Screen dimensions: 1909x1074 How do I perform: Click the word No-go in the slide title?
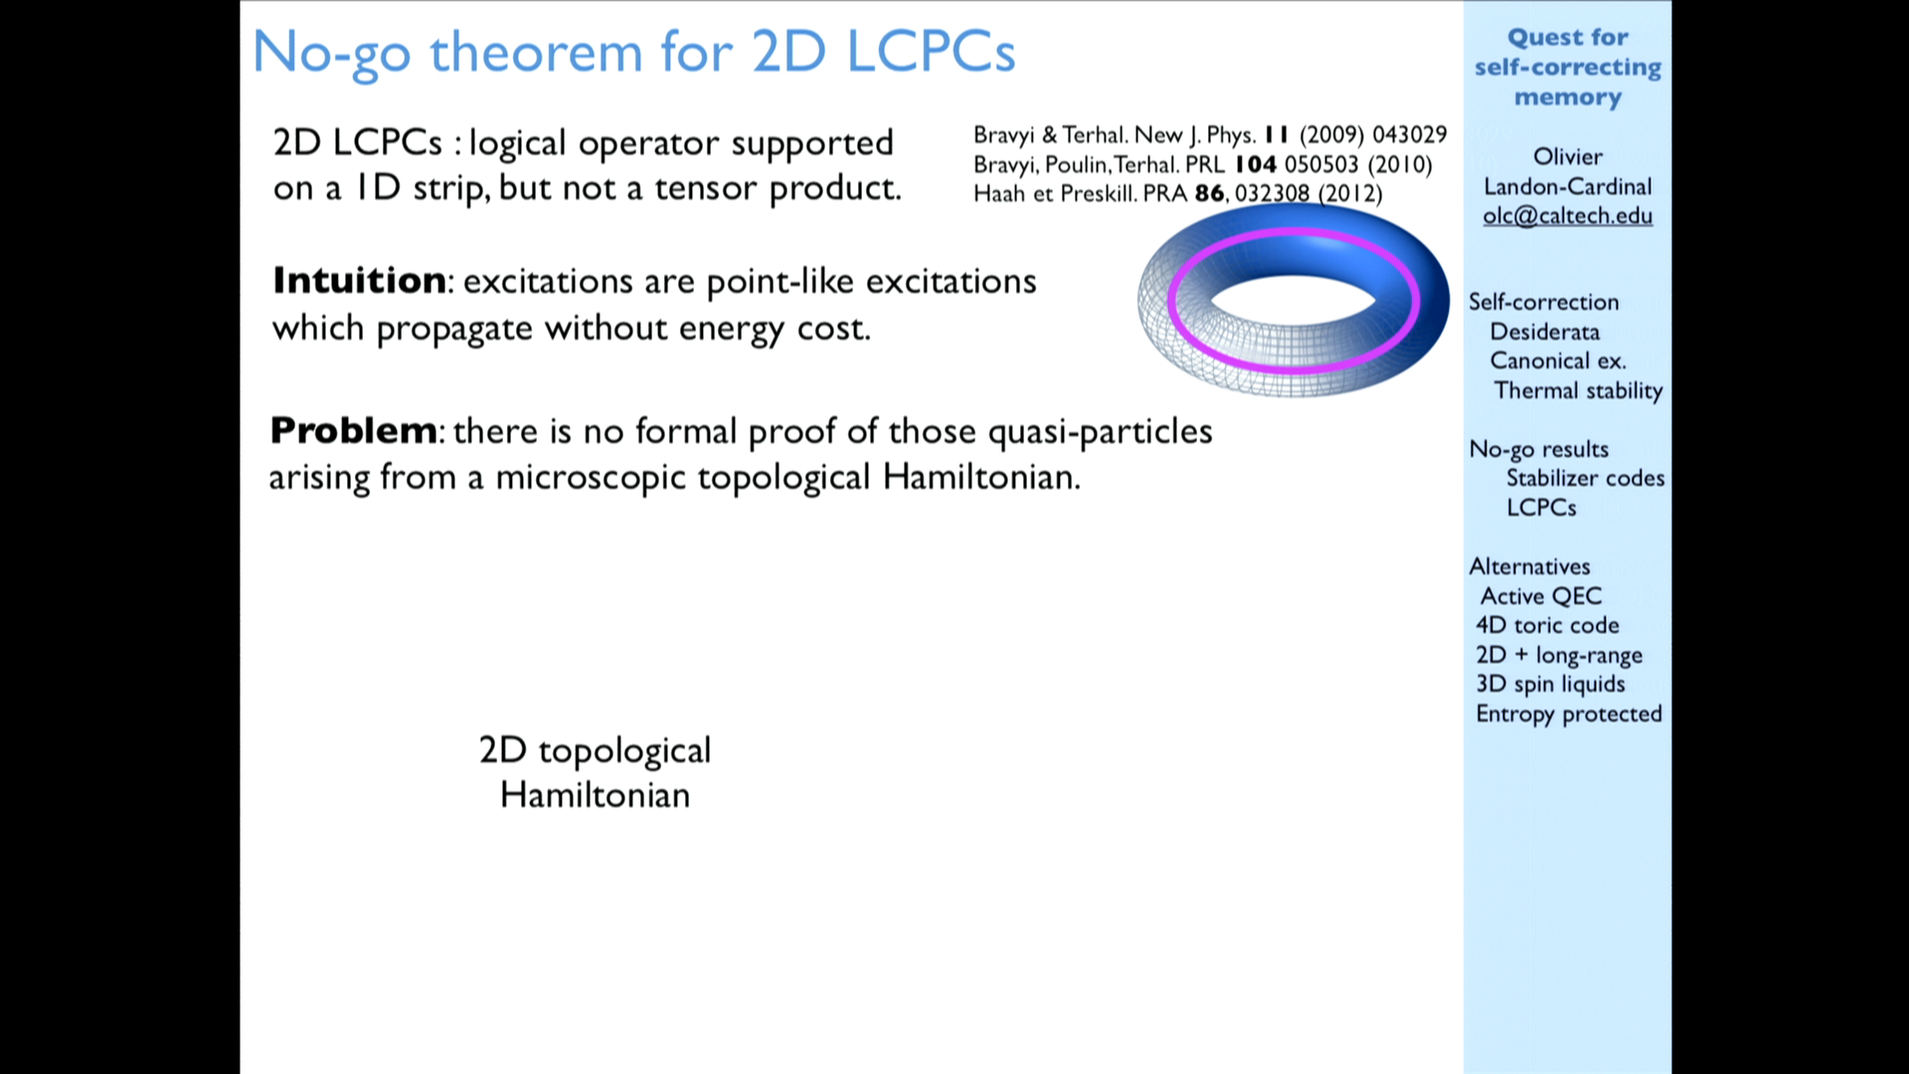tap(331, 52)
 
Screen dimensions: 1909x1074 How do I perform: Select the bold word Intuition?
tap(359, 280)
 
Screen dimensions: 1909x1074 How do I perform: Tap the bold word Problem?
tap(353, 431)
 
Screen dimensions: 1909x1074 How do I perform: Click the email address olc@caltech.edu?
tap(1567, 216)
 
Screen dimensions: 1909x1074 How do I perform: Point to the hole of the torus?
tap(1293, 299)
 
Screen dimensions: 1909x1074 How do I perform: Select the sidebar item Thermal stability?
tap(1578, 390)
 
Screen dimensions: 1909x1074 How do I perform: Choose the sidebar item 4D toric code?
tap(1547, 625)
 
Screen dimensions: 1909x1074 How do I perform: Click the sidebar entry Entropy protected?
tap(1569, 714)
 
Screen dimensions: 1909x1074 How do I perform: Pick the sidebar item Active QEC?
tap(1541, 596)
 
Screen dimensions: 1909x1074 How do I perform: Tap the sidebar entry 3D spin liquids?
tap(1550, 684)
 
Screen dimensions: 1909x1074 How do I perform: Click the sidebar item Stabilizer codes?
tap(1585, 478)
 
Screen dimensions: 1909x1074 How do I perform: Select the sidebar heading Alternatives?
tap(1529, 567)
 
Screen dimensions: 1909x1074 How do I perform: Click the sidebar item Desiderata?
tap(1544, 331)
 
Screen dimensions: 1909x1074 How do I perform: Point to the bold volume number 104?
tap(1256, 164)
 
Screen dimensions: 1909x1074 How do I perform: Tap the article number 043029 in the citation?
tap(1410, 134)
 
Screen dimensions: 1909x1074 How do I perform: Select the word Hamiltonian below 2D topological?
tap(595, 795)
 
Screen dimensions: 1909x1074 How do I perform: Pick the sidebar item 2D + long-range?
tap(1559, 655)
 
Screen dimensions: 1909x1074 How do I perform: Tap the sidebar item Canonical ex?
tap(1558, 360)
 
